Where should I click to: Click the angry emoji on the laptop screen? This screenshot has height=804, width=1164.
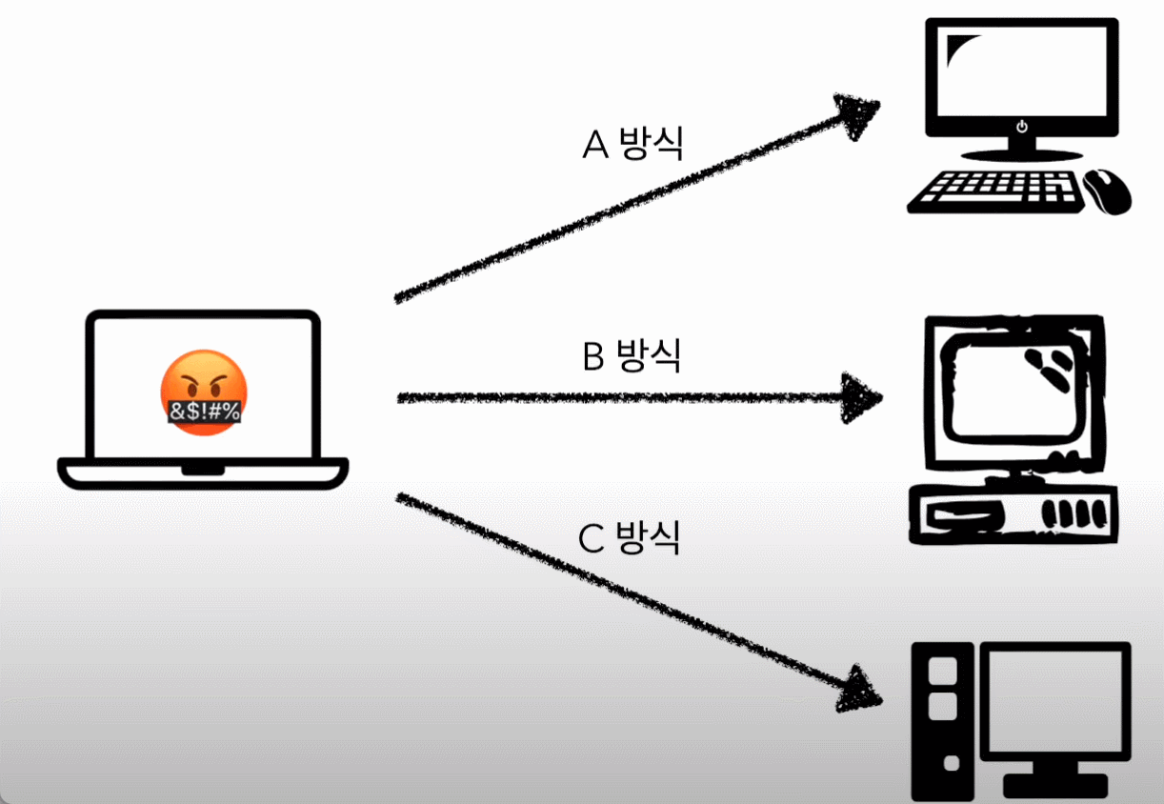pos(202,392)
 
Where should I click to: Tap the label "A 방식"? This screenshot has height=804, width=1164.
pos(632,145)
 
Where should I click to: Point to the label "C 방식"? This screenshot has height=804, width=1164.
pos(630,538)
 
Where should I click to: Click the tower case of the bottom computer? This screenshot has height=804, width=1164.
pos(943,719)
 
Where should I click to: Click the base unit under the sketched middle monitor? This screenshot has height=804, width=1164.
pos(1012,513)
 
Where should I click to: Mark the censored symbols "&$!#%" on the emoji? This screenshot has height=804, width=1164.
pos(204,412)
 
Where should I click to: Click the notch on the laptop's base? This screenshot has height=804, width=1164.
pos(202,470)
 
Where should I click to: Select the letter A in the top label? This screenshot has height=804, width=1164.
pos(595,146)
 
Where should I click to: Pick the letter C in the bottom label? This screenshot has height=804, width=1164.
pos(592,539)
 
